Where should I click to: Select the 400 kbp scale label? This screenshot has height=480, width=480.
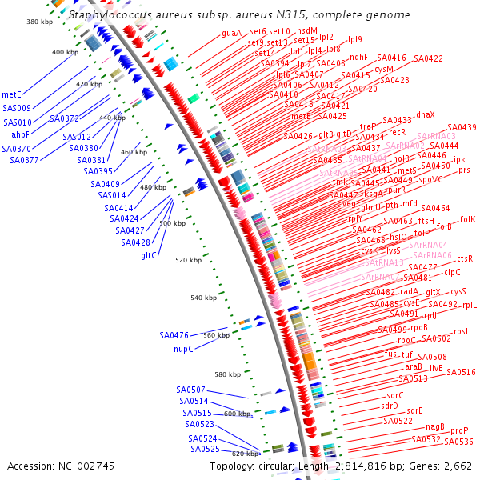point(66,52)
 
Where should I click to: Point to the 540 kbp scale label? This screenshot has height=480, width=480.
point(204,298)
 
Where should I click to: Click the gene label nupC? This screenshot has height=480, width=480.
point(184,349)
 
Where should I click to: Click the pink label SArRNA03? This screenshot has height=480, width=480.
point(437,136)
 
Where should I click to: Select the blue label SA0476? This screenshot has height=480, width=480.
point(174,335)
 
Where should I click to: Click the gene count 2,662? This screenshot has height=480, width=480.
point(454,466)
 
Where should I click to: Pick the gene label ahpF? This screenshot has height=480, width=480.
point(21,135)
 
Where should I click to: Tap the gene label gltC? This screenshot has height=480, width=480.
point(149,256)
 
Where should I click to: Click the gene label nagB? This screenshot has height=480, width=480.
point(435,426)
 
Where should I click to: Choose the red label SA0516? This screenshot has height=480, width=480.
point(461,372)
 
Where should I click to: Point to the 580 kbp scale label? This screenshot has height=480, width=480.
point(227,374)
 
